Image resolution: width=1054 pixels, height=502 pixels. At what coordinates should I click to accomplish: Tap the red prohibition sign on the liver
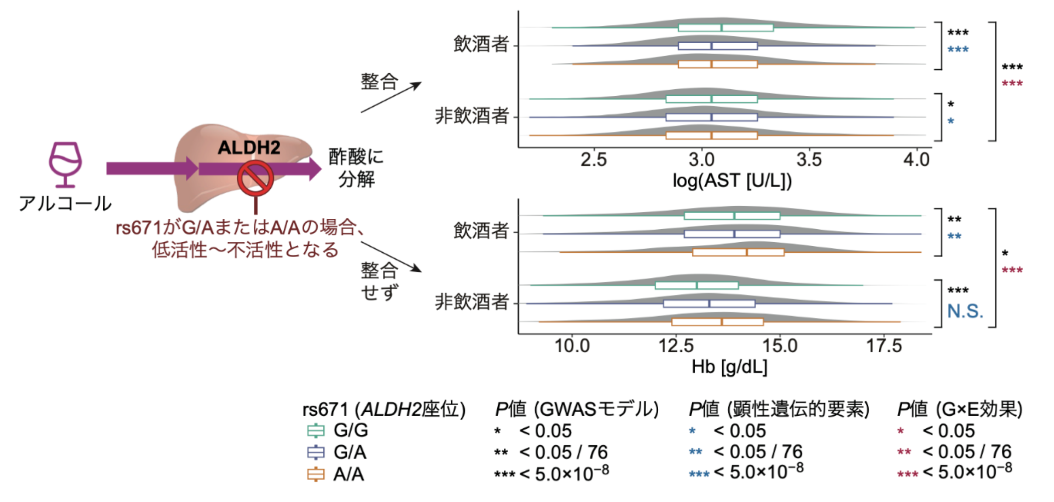tap(255, 178)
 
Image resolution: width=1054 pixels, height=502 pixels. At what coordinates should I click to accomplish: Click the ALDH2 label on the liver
tap(249, 147)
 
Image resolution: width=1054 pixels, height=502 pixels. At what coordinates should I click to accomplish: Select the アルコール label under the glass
tap(65, 204)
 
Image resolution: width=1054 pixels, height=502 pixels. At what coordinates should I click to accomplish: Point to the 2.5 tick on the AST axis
tap(593, 160)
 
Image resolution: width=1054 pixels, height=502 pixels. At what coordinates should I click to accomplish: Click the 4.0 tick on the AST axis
tap(916, 160)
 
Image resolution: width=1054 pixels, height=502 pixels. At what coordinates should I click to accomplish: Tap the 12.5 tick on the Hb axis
tap(676, 346)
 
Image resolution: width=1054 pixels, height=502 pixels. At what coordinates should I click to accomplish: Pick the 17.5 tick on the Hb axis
tap(884, 346)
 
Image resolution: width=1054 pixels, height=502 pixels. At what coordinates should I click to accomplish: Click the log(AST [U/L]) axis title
tap(732, 180)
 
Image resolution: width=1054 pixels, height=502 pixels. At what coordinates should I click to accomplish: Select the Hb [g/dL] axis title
tap(729, 367)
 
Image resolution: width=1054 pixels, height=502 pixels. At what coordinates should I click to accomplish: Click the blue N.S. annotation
tap(965, 311)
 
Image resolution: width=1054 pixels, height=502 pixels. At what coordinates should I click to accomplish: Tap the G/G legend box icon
tap(316, 431)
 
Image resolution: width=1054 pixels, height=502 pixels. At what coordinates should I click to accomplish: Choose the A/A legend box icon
tap(316, 474)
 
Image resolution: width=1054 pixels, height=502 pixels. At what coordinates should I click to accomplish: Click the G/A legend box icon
tap(316, 452)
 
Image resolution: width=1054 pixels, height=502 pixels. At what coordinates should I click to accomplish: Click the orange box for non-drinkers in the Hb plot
tap(717, 322)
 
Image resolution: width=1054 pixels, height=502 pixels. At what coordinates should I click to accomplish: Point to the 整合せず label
tap(379, 282)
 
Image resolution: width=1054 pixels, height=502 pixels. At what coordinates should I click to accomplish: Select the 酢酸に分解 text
tap(356, 168)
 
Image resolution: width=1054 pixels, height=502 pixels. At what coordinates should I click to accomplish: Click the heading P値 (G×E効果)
tap(959, 409)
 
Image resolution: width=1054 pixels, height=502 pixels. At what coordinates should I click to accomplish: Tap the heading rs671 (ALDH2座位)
tap(384, 409)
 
